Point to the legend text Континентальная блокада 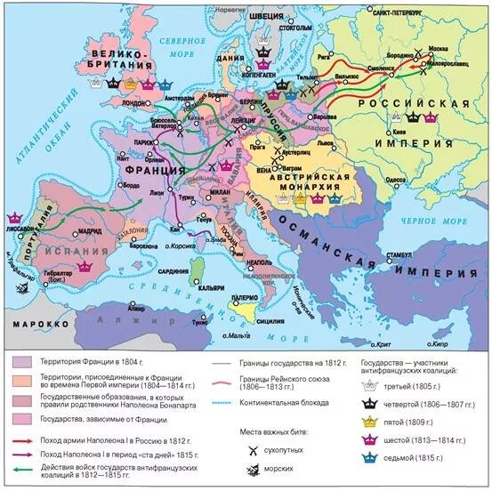pos(283,403)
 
